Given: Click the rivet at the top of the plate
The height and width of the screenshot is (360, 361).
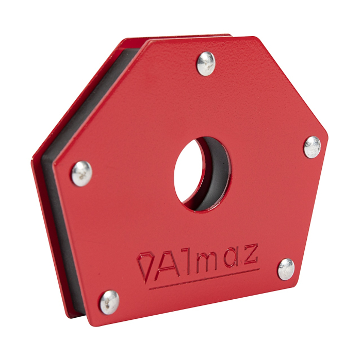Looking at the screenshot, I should (x=206, y=63).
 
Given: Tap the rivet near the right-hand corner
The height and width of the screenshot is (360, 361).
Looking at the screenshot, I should (x=312, y=147).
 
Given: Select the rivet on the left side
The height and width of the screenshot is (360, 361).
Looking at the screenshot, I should (x=82, y=173).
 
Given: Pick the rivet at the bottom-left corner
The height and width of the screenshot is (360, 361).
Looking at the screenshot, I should (x=109, y=301).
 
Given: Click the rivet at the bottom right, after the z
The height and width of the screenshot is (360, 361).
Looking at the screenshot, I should (x=287, y=269).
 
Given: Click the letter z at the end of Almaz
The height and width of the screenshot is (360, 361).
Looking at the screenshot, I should (x=250, y=255).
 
